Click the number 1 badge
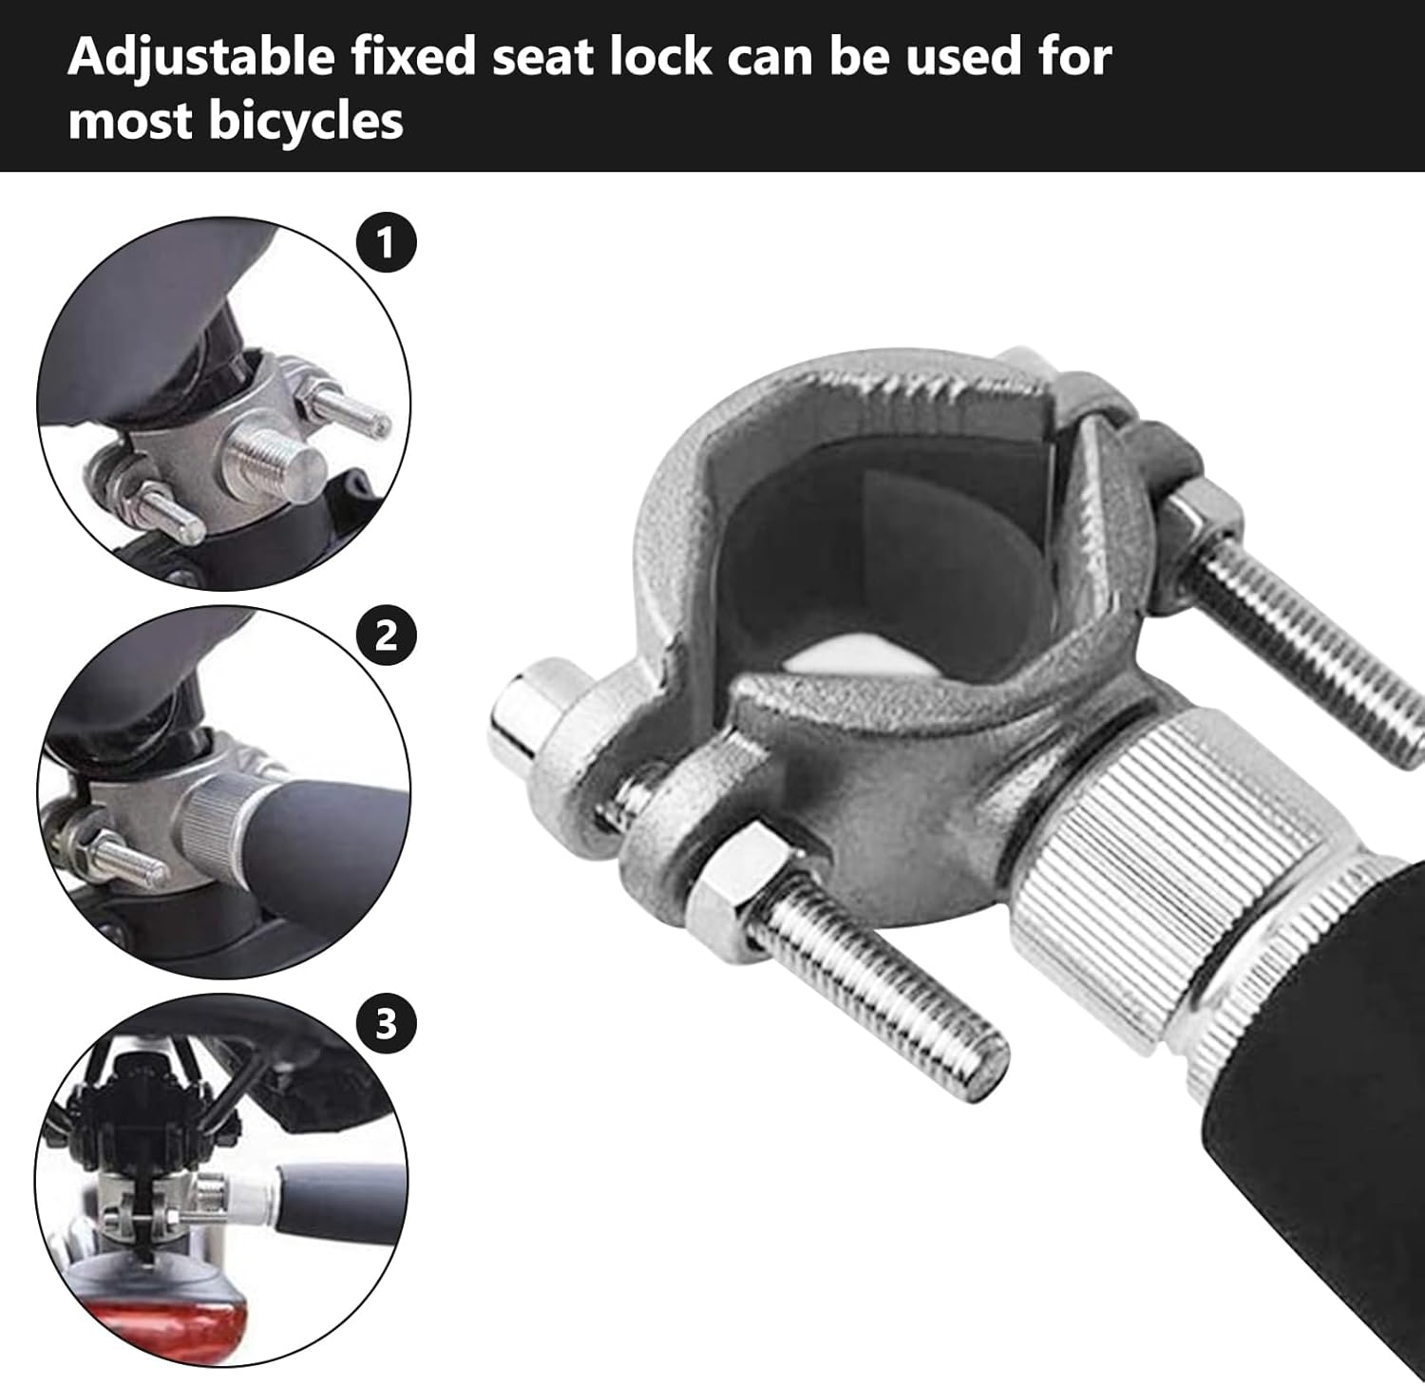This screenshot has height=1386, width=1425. point(385,243)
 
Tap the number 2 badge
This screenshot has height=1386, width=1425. point(385,635)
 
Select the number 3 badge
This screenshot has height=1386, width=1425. point(386,1025)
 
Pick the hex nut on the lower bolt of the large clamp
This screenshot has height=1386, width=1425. point(732,876)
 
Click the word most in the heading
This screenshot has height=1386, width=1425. point(129,122)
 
